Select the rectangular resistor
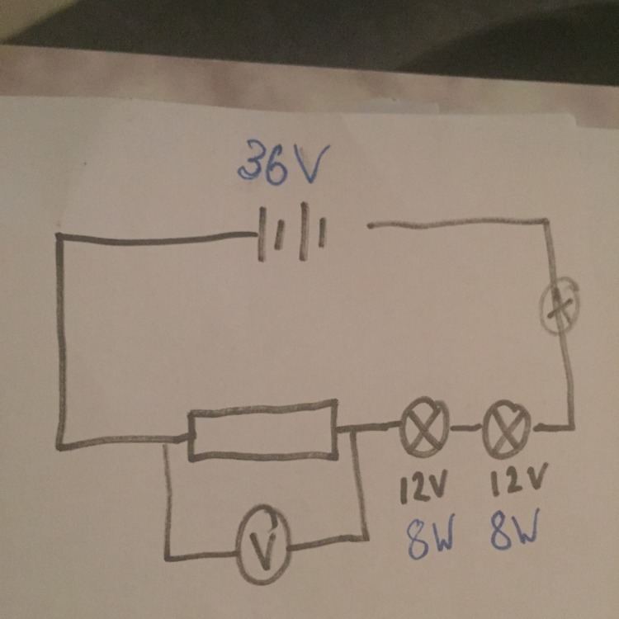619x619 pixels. tap(263, 429)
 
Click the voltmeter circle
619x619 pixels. tap(262, 547)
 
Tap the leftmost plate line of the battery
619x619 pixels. tap(262, 235)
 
